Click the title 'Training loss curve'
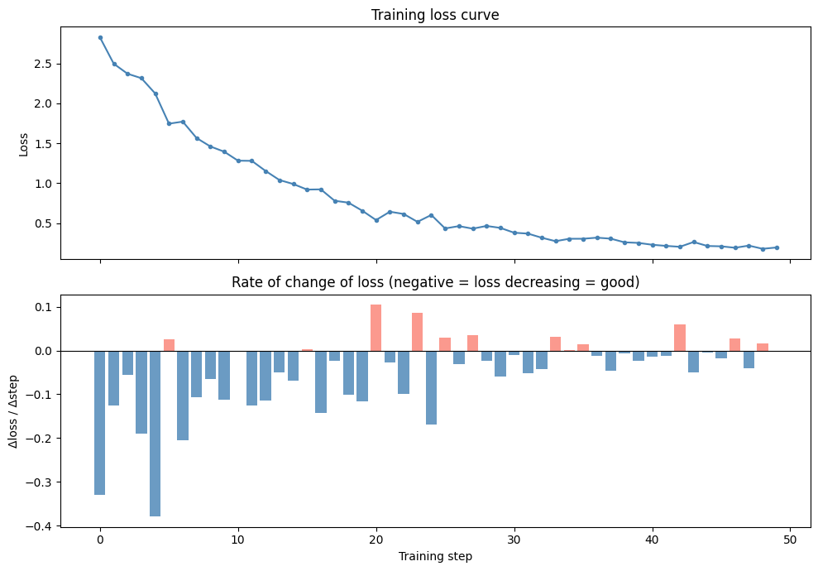point(435,15)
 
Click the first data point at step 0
point(100,37)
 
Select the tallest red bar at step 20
point(376,328)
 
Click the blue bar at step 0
point(100,422)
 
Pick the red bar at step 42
point(680,338)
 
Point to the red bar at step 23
point(417,332)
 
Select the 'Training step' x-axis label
point(435,557)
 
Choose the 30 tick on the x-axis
point(514,540)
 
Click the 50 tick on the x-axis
point(790,540)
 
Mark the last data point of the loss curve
point(777,247)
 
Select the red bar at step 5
point(169,345)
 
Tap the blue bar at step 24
point(431,387)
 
